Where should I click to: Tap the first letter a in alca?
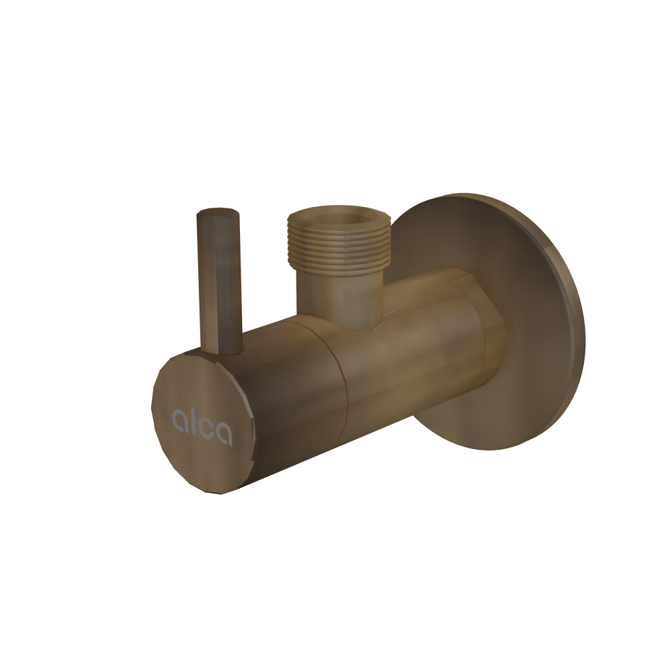coord(181,421)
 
